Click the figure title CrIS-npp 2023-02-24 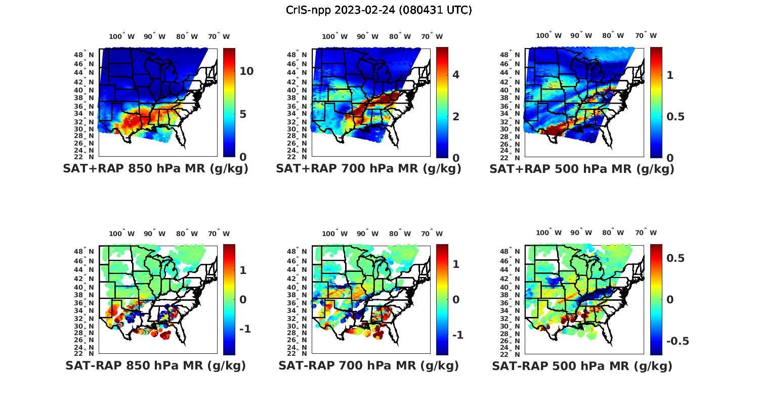click(378, 10)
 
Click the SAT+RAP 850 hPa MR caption click(155, 169)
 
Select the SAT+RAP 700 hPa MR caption click(368, 169)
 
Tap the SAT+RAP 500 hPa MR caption click(582, 169)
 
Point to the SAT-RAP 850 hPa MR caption click(155, 365)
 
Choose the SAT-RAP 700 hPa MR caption click(368, 365)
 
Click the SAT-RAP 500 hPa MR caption click(582, 366)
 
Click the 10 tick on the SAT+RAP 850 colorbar click(246, 71)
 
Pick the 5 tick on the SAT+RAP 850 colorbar click(243, 114)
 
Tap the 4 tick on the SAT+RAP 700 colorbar click(456, 75)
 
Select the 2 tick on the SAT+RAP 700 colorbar click(456, 116)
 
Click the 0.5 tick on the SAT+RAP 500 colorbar click(676, 116)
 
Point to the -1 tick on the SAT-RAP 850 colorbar click(245, 329)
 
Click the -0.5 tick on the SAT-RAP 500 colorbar click(678, 341)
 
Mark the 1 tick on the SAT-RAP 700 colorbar click(456, 264)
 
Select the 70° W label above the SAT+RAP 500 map click(646, 35)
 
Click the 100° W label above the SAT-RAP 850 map click(122, 234)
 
